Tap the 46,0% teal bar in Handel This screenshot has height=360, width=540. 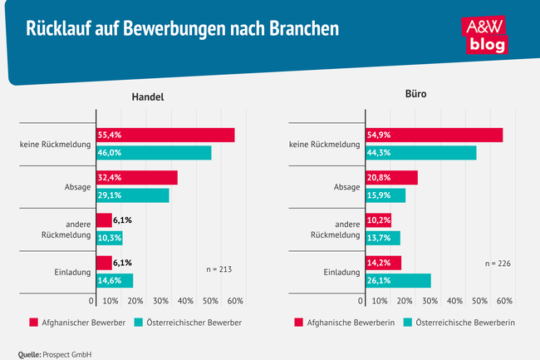pyautogui.click(x=153, y=153)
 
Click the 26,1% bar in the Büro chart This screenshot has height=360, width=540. pyautogui.click(x=397, y=280)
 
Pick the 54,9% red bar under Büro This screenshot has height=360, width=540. pyautogui.click(x=433, y=135)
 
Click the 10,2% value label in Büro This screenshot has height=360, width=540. pyautogui.click(x=377, y=220)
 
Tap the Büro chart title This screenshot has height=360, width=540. pyautogui.click(x=416, y=96)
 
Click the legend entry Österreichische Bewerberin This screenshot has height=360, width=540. pyautogui.click(x=465, y=323)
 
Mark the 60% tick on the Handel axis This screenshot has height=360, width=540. pyautogui.click(x=235, y=300)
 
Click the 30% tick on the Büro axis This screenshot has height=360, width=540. pyautogui.click(x=430, y=300)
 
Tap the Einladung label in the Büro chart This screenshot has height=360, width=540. pyautogui.click(x=341, y=271)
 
